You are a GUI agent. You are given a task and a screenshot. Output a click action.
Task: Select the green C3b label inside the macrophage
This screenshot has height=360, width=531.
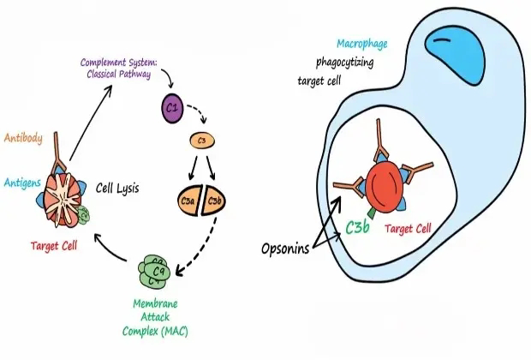(x=358, y=227)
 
